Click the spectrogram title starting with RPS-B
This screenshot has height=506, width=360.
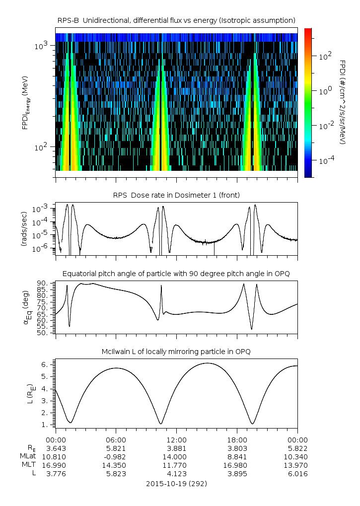[177, 20]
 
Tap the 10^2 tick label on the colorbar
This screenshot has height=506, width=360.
[324, 57]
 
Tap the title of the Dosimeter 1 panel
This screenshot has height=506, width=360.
[177, 195]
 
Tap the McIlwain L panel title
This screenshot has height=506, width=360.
[177, 352]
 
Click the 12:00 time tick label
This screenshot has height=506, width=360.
[176, 439]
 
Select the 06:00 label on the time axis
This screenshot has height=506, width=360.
[116, 439]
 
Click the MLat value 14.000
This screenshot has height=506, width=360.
[176, 456]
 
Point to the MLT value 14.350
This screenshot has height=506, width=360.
[116, 465]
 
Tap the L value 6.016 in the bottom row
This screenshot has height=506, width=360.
[297, 474]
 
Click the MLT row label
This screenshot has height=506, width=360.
[26, 465]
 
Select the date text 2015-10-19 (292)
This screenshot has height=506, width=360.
[176, 483]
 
